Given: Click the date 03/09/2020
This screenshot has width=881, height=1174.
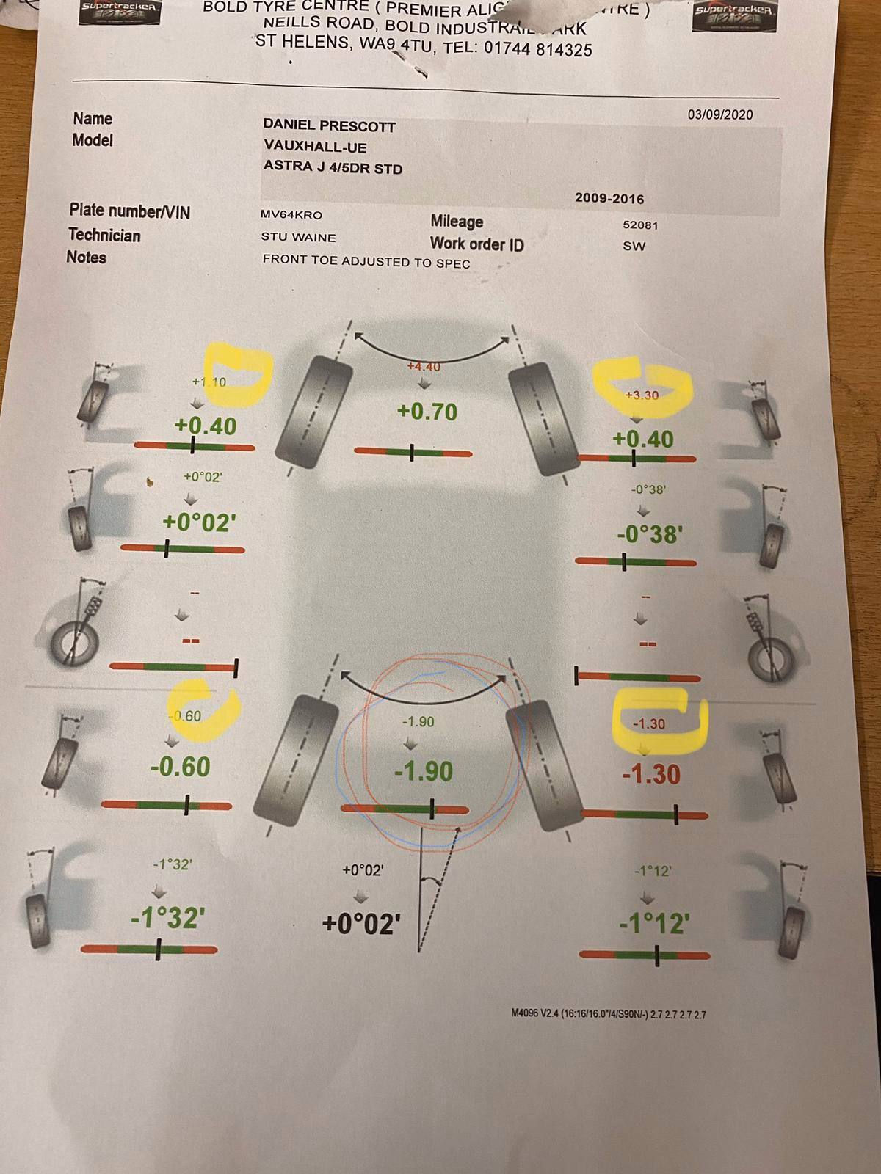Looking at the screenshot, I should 719,114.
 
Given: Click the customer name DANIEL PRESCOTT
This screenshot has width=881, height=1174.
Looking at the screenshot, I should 330,126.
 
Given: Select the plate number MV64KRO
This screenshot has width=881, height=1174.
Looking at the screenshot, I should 291,215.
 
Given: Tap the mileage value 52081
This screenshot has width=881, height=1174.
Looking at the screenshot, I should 640,225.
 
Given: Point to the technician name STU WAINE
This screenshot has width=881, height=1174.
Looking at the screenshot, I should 298,238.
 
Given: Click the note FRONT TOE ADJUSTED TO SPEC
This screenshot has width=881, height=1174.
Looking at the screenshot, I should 366,261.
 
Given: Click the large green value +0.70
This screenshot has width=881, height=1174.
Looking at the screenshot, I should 427,412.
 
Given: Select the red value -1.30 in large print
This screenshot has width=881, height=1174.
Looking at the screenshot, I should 650,774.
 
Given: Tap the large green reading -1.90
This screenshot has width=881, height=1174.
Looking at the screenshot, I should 424,771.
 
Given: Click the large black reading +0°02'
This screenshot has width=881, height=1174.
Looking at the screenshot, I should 361,922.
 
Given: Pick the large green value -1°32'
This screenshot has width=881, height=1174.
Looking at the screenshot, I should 167,917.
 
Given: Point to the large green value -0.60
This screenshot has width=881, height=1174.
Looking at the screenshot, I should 180,767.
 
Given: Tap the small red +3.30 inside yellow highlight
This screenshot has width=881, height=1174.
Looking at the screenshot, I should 641,395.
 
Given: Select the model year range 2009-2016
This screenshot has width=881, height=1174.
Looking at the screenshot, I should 609,199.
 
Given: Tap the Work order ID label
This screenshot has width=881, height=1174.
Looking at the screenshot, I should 476,244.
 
